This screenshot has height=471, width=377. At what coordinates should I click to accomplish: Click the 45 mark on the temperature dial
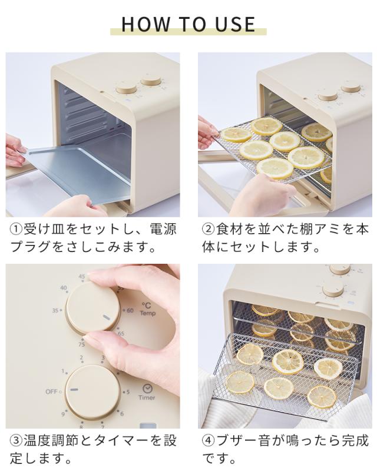(x=82, y=276)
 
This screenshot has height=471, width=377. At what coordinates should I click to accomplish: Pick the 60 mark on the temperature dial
(x=130, y=310)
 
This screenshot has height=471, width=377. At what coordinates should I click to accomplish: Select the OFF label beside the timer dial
(x=51, y=391)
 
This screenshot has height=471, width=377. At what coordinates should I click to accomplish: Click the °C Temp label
(x=147, y=309)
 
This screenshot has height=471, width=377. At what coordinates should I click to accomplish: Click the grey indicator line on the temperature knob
(x=106, y=319)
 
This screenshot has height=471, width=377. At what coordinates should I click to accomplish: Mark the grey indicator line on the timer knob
(x=74, y=390)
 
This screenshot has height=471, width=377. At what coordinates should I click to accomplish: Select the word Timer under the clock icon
(x=147, y=397)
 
